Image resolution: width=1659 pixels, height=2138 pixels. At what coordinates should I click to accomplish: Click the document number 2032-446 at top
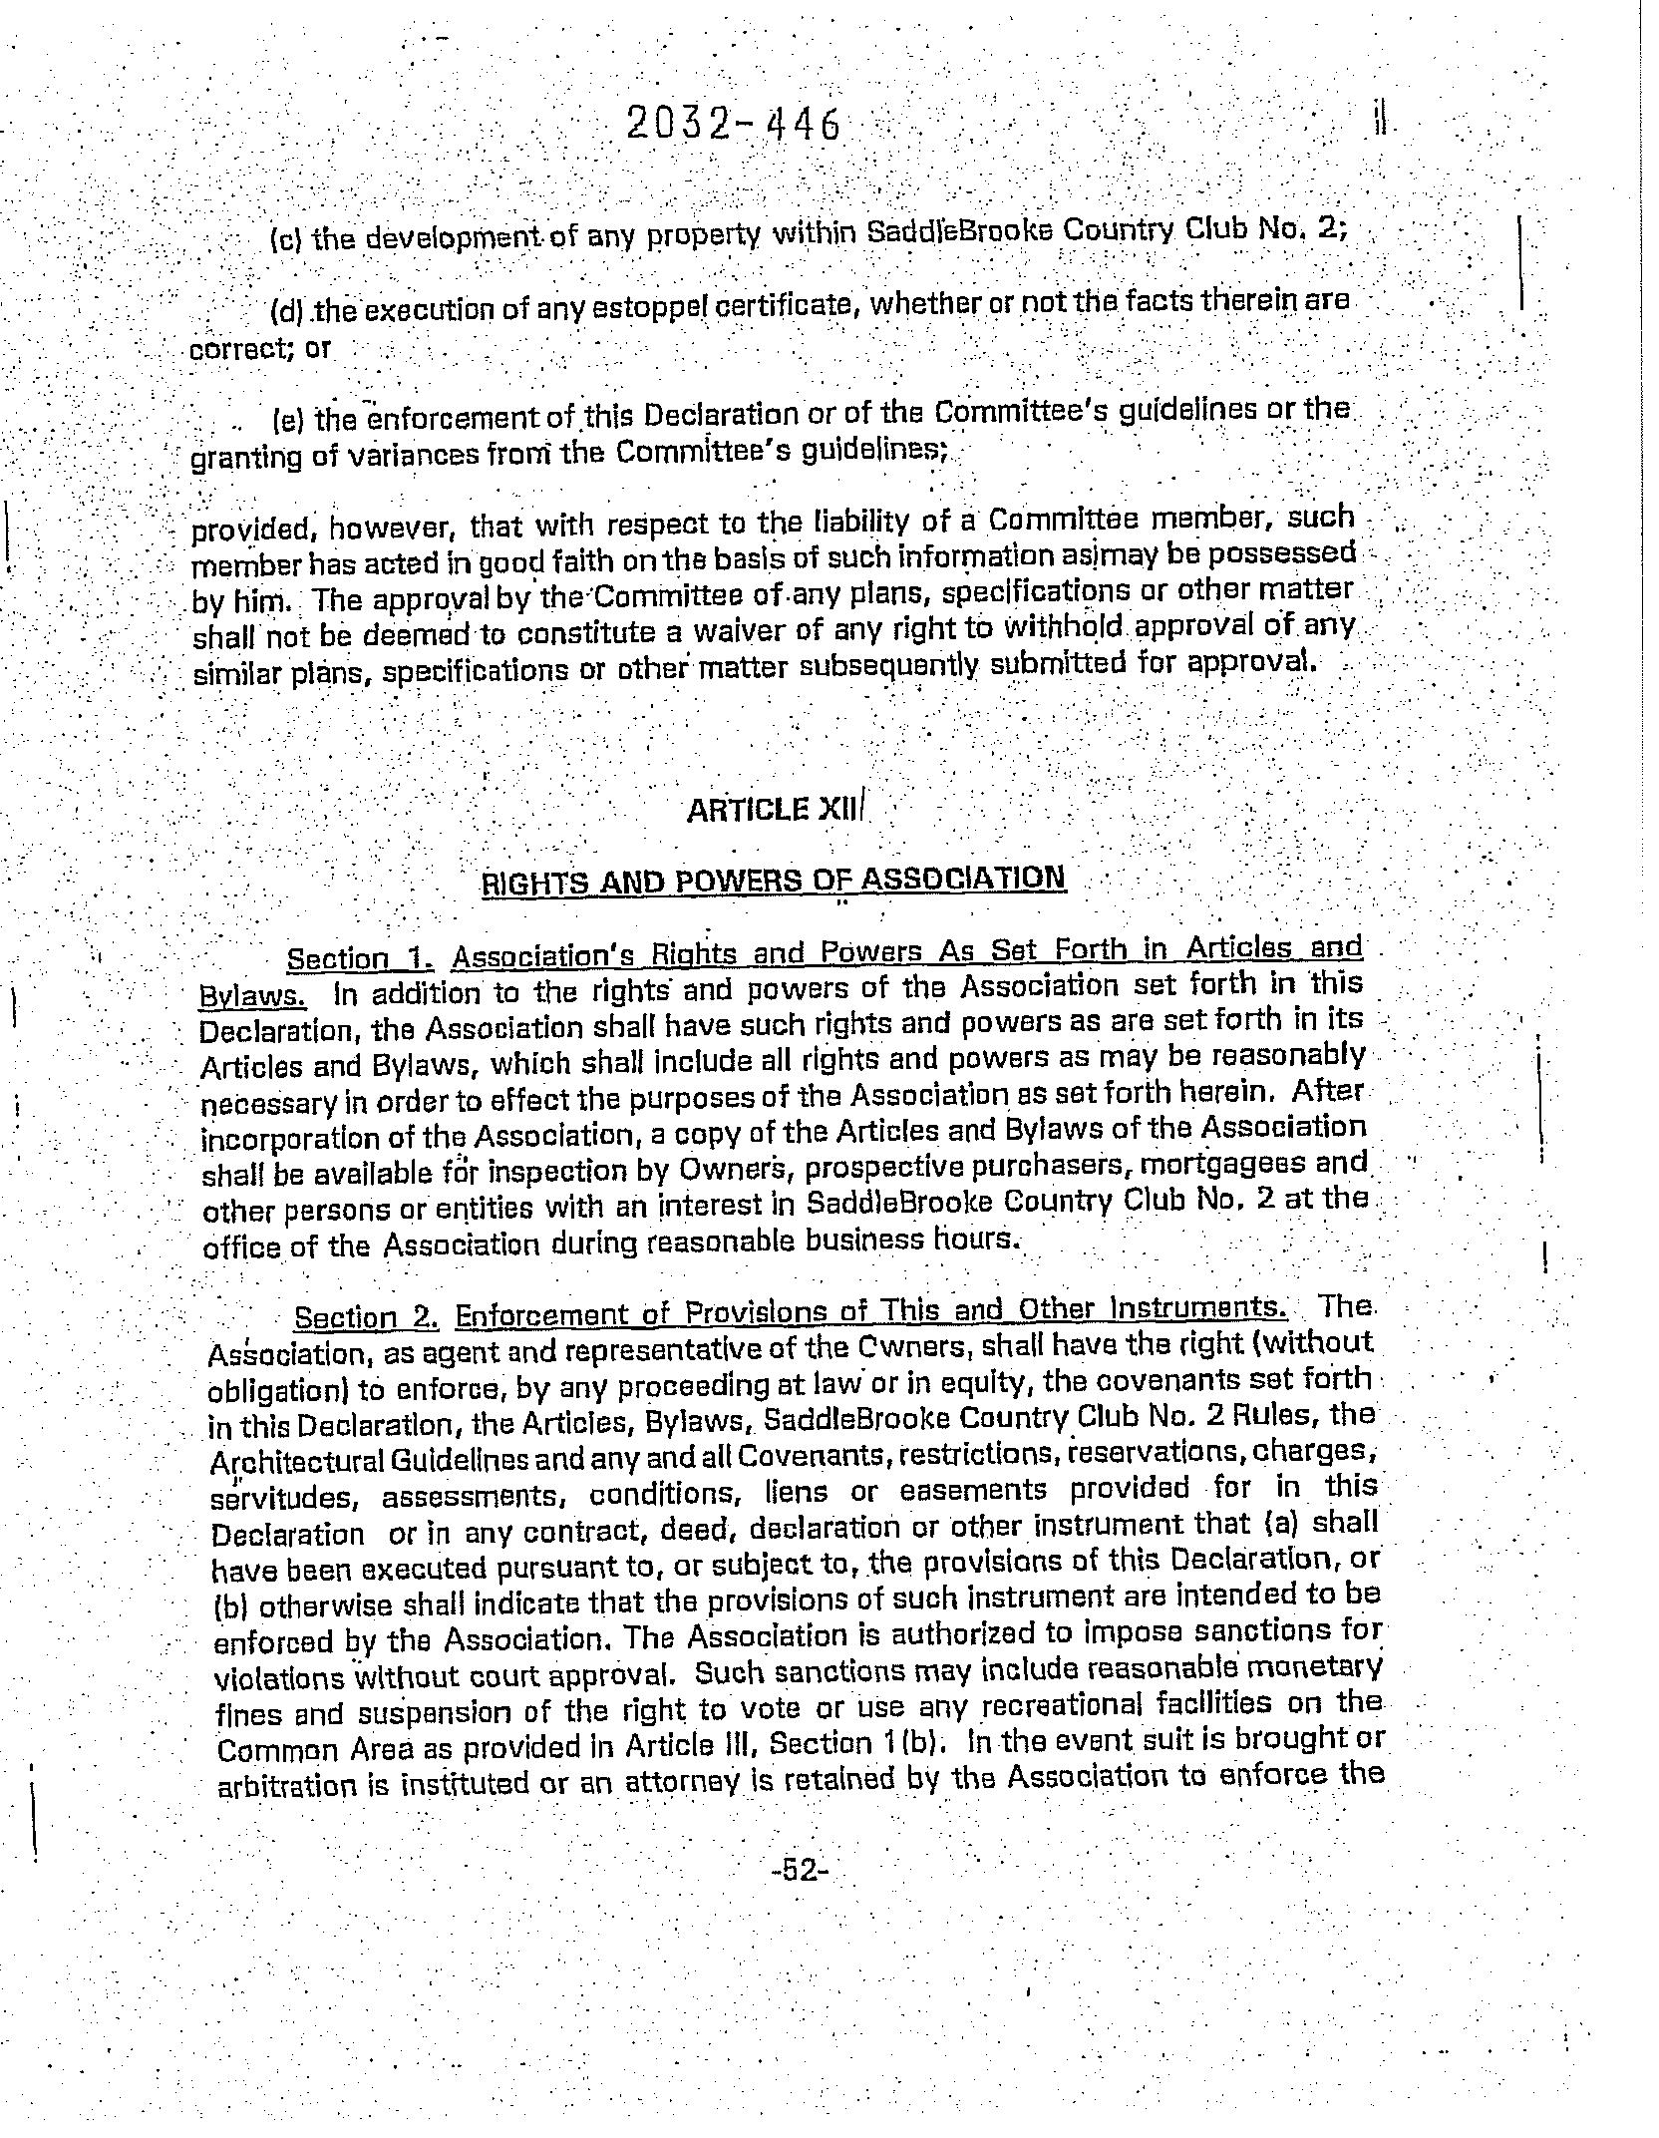click(734, 126)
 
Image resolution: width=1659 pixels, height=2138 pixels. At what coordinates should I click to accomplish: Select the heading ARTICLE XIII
click(777, 809)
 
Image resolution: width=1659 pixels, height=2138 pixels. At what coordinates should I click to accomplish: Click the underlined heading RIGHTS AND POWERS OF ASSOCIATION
click(774, 881)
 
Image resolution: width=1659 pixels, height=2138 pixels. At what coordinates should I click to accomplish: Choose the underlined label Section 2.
click(366, 1317)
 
